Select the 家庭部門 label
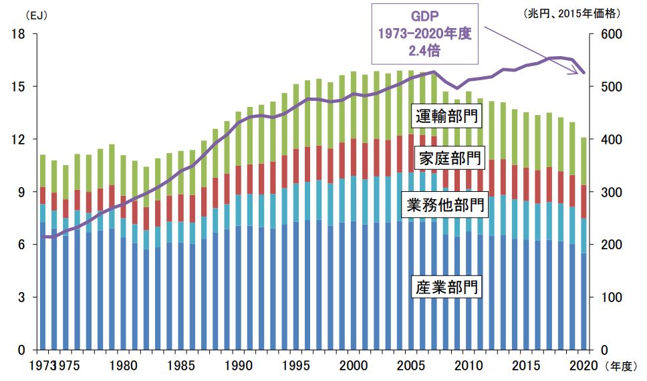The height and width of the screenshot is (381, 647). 446,159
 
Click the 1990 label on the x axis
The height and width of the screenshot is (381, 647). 238,366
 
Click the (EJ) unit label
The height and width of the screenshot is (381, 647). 19,13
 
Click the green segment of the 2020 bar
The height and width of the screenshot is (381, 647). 584,161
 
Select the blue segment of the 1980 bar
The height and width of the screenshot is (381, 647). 124,294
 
